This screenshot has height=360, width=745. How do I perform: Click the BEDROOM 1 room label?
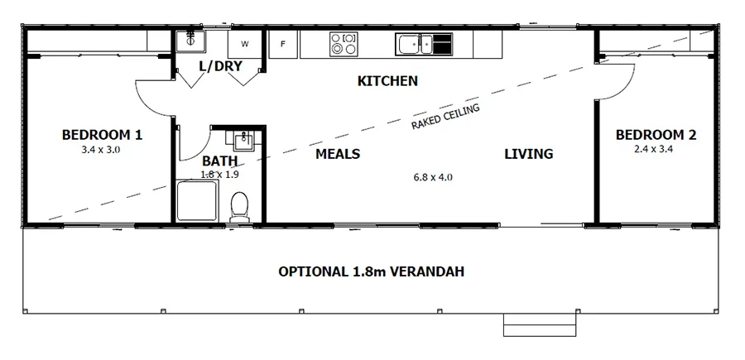tap(103, 135)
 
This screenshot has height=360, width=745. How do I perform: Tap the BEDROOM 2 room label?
tap(650, 135)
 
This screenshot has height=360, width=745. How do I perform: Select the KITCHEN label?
tap(387, 81)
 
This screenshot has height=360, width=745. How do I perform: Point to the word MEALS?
tap(338, 154)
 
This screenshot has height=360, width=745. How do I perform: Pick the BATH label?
tap(219, 161)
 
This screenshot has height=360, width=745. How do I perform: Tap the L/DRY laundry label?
tap(219, 65)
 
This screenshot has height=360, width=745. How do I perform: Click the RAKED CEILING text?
tap(445, 117)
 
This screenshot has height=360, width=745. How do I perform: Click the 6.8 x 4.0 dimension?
tap(433, 177)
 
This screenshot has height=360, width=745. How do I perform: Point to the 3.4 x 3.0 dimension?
tap(102, 150)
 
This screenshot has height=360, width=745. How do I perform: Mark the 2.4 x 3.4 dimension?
tap(650, 150)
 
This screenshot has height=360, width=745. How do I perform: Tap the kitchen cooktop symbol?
tap(344, 43)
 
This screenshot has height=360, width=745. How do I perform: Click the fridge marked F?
tap(282, 44)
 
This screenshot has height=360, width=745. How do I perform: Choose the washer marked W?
tap(245, 43)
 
